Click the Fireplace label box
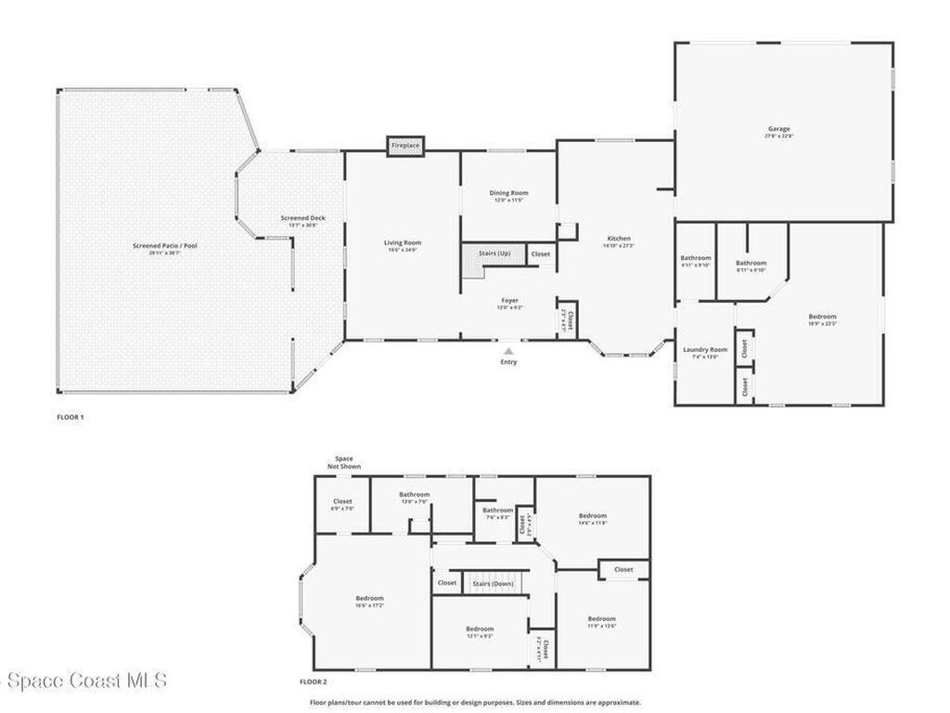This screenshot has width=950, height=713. (405, 146)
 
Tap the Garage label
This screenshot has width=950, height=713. (778, 129)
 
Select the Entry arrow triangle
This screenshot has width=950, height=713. (508, 351)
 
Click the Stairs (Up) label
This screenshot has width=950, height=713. (494, 253)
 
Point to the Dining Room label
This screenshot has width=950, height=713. (508, 193)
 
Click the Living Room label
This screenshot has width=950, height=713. (403, 243)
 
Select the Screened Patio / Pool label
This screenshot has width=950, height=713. (165, 246)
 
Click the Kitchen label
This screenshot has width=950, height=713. (618, 238)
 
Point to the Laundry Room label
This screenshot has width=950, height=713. (705, 350)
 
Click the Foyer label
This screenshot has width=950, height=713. (509, 301)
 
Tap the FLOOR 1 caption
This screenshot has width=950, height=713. (71, 417)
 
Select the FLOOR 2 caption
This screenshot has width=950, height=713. (314, 681)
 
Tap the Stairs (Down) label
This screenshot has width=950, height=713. (493, 583)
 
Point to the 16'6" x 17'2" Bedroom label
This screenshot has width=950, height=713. (369, 599)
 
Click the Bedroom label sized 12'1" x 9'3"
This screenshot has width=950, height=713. (480, 629)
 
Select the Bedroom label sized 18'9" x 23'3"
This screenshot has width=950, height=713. (821, 317)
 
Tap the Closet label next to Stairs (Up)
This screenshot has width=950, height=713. (540, 253)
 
